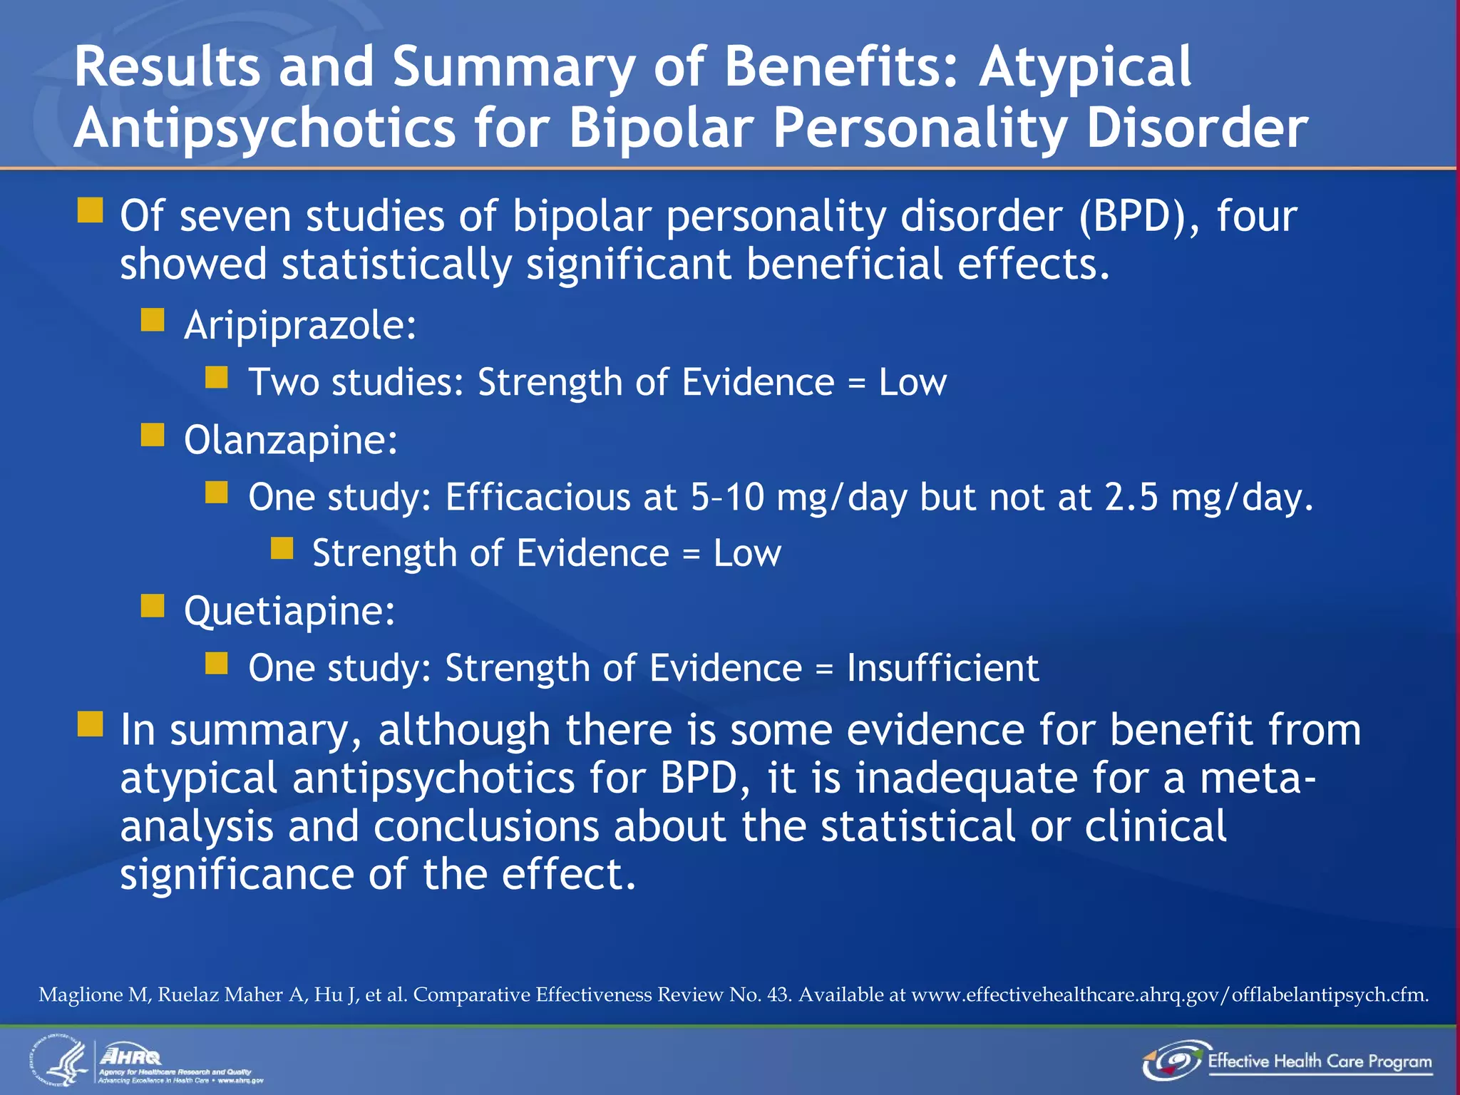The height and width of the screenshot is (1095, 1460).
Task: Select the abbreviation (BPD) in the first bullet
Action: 1139,216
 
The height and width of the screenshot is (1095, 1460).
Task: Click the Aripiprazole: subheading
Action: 300,326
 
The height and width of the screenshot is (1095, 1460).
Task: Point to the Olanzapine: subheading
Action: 291,440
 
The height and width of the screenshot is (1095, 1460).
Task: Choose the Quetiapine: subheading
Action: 289,611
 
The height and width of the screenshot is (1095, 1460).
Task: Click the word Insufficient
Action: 942,669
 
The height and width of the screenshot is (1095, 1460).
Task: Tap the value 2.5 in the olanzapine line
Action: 1131,497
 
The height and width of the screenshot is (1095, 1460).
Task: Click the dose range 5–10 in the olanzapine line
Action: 726,497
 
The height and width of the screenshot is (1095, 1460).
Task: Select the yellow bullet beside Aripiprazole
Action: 153,321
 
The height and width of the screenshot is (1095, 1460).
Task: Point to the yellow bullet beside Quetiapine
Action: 153,606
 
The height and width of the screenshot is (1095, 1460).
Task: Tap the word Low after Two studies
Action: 912,383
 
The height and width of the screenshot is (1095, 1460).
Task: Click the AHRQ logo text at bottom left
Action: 131,1056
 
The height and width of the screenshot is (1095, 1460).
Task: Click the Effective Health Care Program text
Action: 1319,1061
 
